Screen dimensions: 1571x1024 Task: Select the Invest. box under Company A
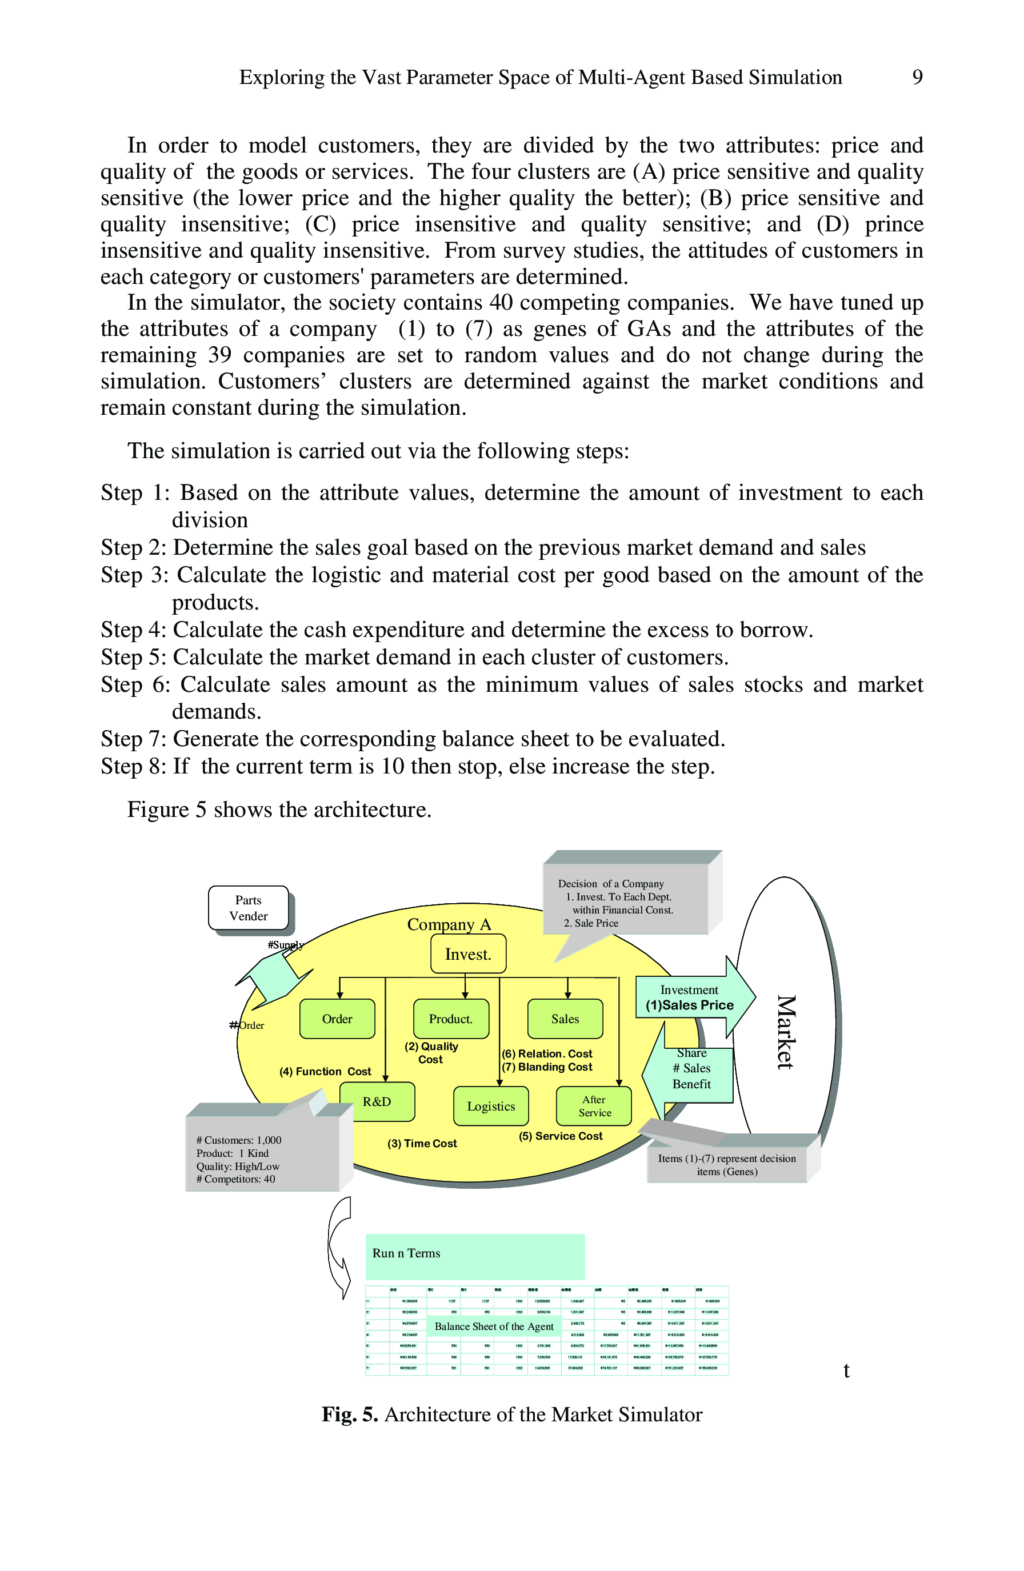(468, 954)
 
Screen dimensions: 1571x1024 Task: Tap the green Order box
(337, 1019)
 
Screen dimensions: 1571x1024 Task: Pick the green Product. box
(451, 1019)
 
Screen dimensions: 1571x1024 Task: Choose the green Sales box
(565, 1019)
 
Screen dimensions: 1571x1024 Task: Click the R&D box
(377, 1101)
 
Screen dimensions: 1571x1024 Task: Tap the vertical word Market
(785, 1031)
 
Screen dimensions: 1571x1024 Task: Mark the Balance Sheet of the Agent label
(494, 1326)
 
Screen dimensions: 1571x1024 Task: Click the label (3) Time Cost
(422, 1143)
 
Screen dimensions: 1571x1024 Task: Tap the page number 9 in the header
(917, 77)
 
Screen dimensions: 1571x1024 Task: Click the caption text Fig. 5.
(349, 1414)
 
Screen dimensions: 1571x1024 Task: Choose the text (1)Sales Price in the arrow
(689, 1005)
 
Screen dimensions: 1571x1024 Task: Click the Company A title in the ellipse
(449, 924)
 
